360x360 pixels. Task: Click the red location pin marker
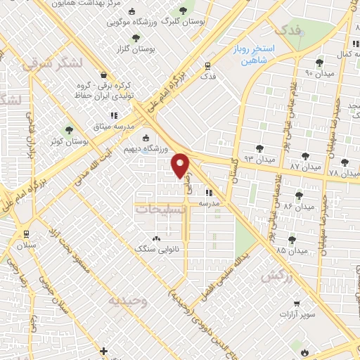(181, 165)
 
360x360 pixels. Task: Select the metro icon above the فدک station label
(207, 66)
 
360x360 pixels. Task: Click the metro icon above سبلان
(25, 234)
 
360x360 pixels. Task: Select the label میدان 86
(298, 207)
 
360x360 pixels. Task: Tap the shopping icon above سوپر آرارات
(297, 304)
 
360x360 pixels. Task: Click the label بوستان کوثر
(69, 141)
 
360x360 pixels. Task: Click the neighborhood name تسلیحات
(160, 209)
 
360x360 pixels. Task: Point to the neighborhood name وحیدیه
(128, 300)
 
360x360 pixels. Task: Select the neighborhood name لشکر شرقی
(53, 63)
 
